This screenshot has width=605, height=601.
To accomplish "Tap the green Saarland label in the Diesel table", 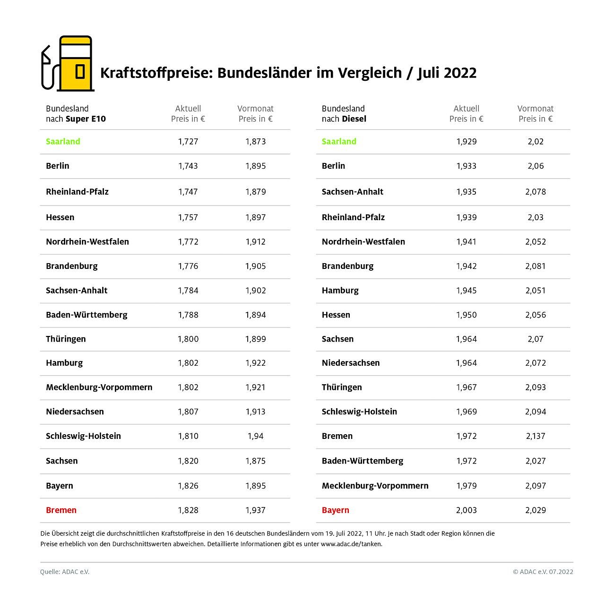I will tap(339, 141).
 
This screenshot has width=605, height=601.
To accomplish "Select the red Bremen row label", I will tap(61, 510).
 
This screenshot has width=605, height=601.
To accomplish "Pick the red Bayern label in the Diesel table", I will tap(335, 510).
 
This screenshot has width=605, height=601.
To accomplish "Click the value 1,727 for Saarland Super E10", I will tap(188, 141).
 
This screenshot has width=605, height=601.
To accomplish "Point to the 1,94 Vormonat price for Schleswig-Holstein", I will tap(255, 436).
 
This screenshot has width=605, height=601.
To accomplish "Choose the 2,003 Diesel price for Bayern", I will tap(466, 510).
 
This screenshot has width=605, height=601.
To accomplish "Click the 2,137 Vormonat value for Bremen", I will tap(536, 436).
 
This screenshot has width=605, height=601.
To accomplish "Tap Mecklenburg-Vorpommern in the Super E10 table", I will tap(99, 387).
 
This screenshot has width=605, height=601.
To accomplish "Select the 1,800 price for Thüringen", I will tap(188, 339).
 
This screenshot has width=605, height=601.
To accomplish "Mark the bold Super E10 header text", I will tap(86, 119).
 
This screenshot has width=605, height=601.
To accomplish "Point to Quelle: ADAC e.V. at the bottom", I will tap(65, 572).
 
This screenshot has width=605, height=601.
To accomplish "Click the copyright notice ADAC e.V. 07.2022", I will tap(543, 572).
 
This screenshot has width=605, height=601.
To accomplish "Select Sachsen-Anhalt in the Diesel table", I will tap(352, 192).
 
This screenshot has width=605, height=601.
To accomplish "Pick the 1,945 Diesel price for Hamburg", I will tap(466, 291).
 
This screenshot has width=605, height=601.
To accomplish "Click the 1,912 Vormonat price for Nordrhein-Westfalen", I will tap(255, 242).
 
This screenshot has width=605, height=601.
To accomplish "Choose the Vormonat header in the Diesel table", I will tap(535, 109).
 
